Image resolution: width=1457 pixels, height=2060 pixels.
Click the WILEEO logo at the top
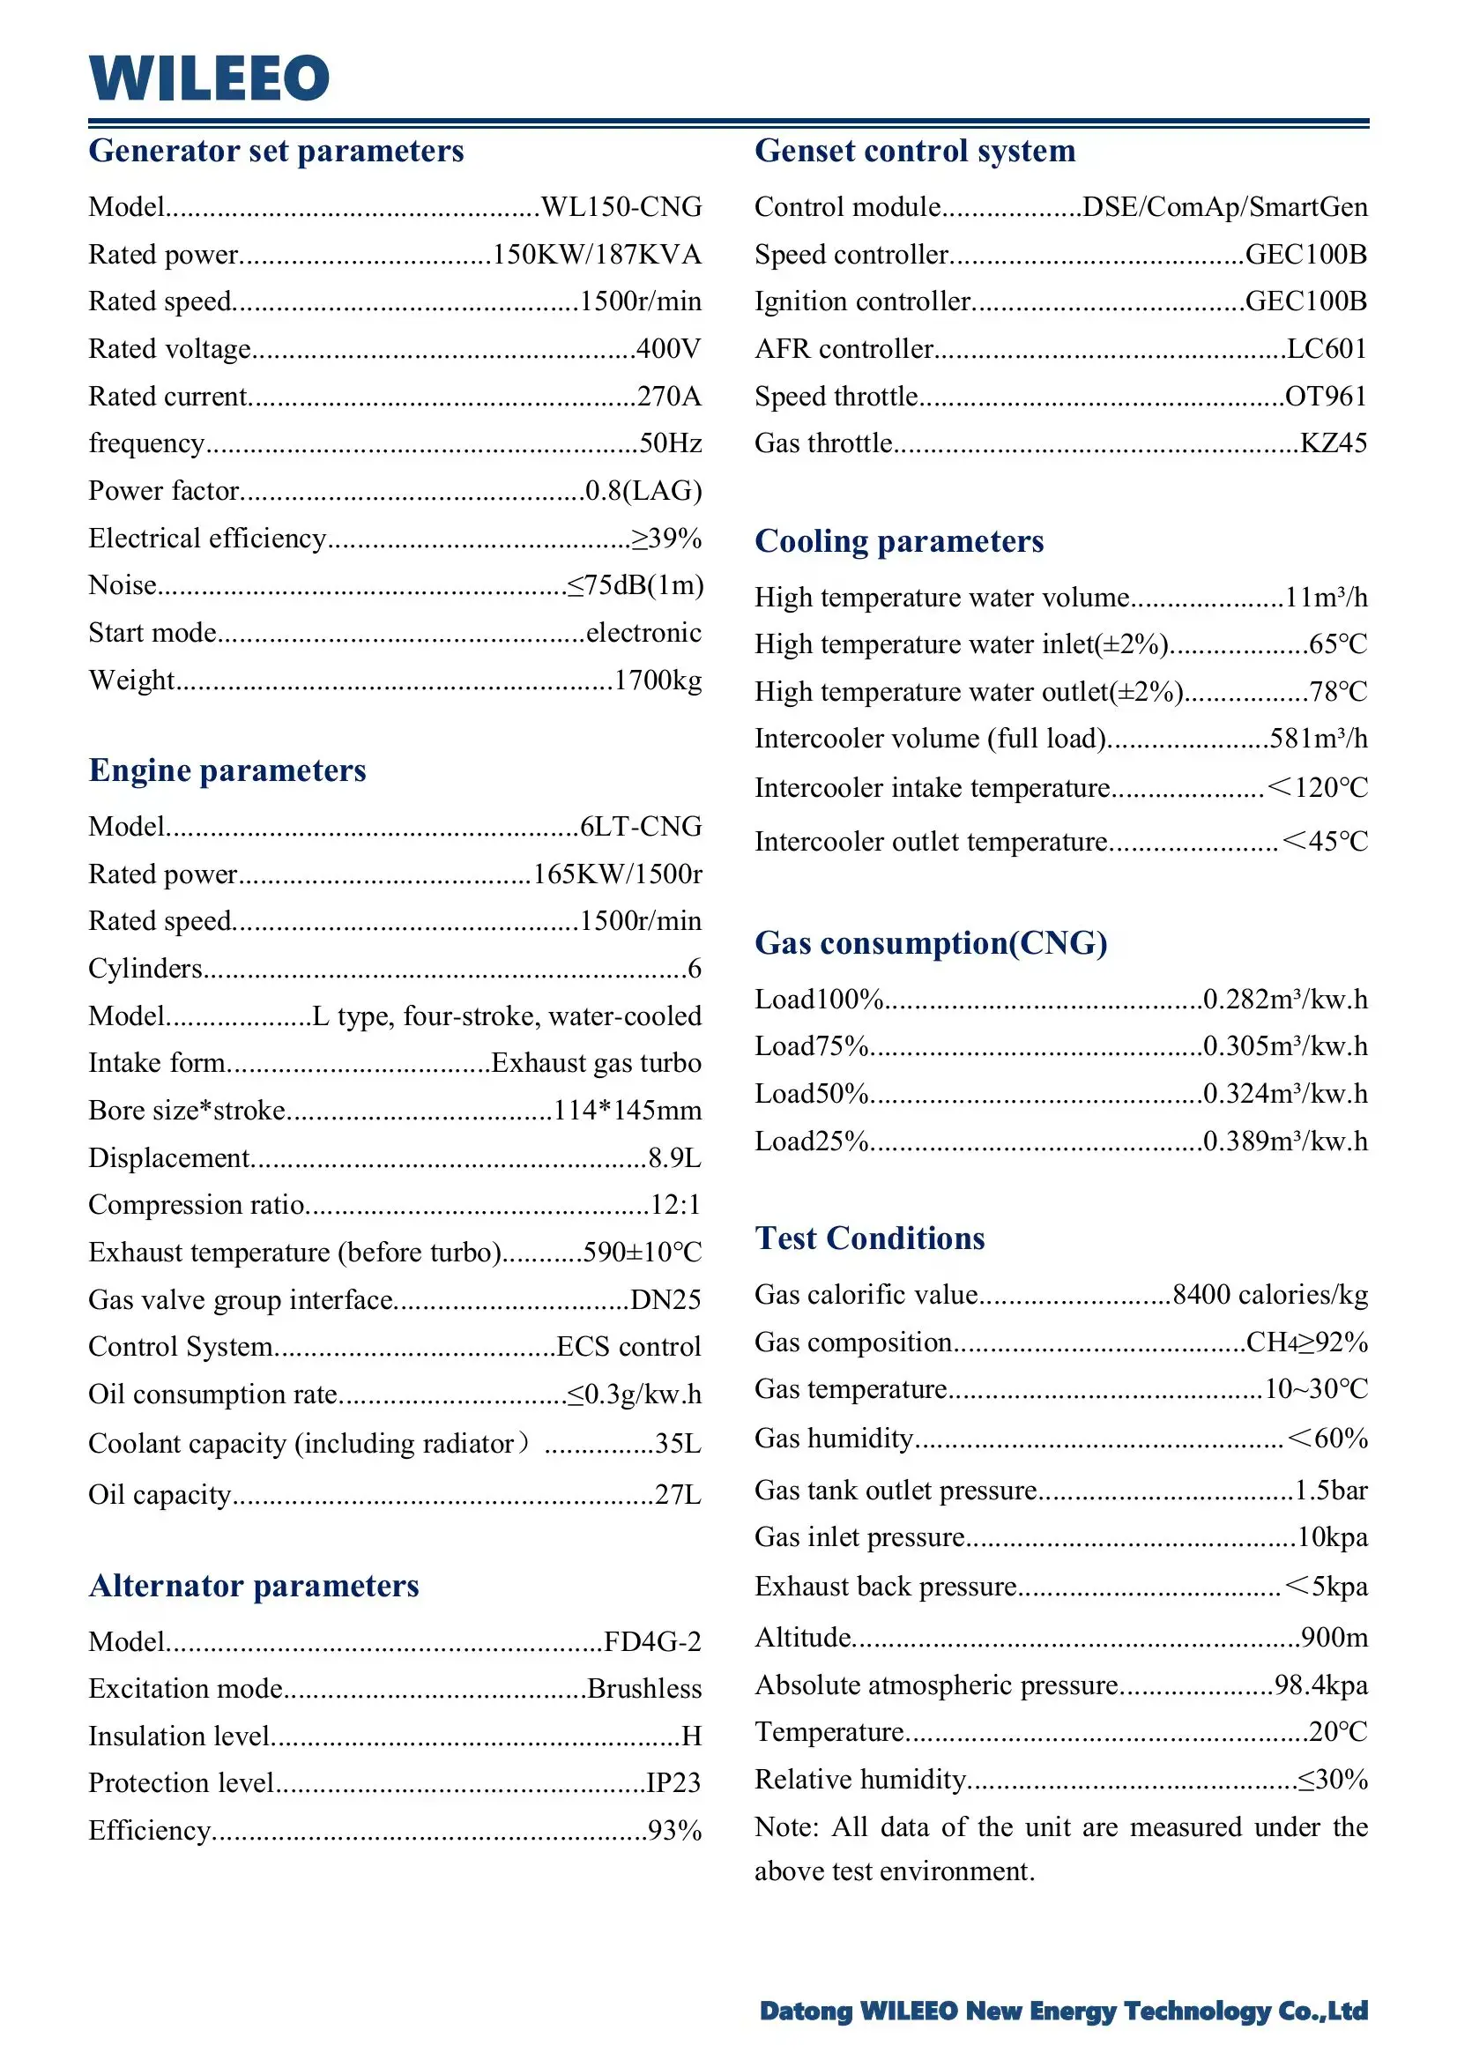point(209,78)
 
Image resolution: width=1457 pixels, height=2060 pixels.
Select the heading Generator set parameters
point(277,151)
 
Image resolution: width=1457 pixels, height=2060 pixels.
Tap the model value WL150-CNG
point(621,207)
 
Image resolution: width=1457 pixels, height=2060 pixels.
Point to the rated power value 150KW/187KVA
point(597,255)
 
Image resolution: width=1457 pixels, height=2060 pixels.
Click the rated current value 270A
point(668,397)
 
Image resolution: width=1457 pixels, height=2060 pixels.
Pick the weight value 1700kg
point(658,680)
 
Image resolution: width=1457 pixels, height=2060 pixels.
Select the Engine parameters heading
point(227,770)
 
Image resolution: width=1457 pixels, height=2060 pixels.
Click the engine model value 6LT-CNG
point(641,826)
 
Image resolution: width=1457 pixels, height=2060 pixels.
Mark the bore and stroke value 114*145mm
point(627,1111)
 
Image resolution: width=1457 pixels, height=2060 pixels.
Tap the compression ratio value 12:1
point(674,1205)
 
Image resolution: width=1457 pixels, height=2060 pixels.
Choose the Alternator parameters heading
point(254,1587)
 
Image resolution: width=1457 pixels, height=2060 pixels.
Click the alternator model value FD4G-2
point(652,1642)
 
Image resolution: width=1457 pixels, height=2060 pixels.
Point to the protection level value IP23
point(673,1782)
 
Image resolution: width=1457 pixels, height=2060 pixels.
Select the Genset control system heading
point(914,151)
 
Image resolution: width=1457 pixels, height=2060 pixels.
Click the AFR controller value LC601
point(1326,349)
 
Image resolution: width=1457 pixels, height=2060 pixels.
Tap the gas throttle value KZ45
point(1334,443)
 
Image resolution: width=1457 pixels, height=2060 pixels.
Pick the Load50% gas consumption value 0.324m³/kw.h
point(1285,1094)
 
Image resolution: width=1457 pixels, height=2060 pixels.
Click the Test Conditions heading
point(869,1238)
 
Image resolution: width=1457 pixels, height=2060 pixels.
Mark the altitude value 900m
point(1334,1638)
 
